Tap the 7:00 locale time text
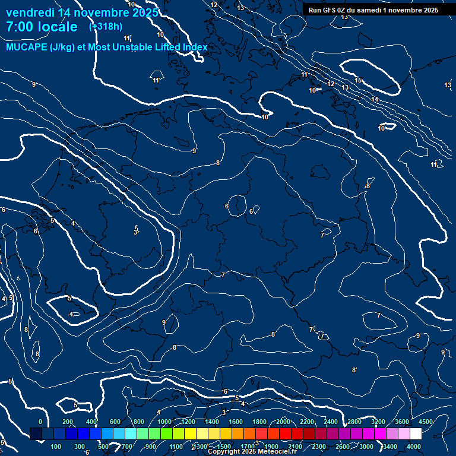pyautogui.click(x=42, y=27)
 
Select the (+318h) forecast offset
pyautogui.click(x=105, y=26)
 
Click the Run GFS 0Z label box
pyautogui.click(x=373, y=10)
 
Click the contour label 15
pyautogui.click(x=358, y=80)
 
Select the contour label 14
pyautogui.click(x=375, y=99)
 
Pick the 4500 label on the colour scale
pyautogui.click(x=426, y=422)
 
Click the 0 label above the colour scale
pyautogui.click(x=40, y=422)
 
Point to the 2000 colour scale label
pyautogui.click(x=283, y=422)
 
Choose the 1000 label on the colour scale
pyautogui.click(x=164, y=422)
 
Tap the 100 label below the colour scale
pyautogui.click(x=56, y=446)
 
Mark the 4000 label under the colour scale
pyautogui.click(x=414, y=446)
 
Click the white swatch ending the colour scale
pyautogui.click(x=416, y=434)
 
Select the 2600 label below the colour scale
pyautogui.click(x=343, y=446)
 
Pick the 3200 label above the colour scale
pyautogui.click(x=378, y=422)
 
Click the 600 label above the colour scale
pyautogui.click(x=115, y=422)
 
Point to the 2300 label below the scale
pyautogui.click(x=319, y=446)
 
